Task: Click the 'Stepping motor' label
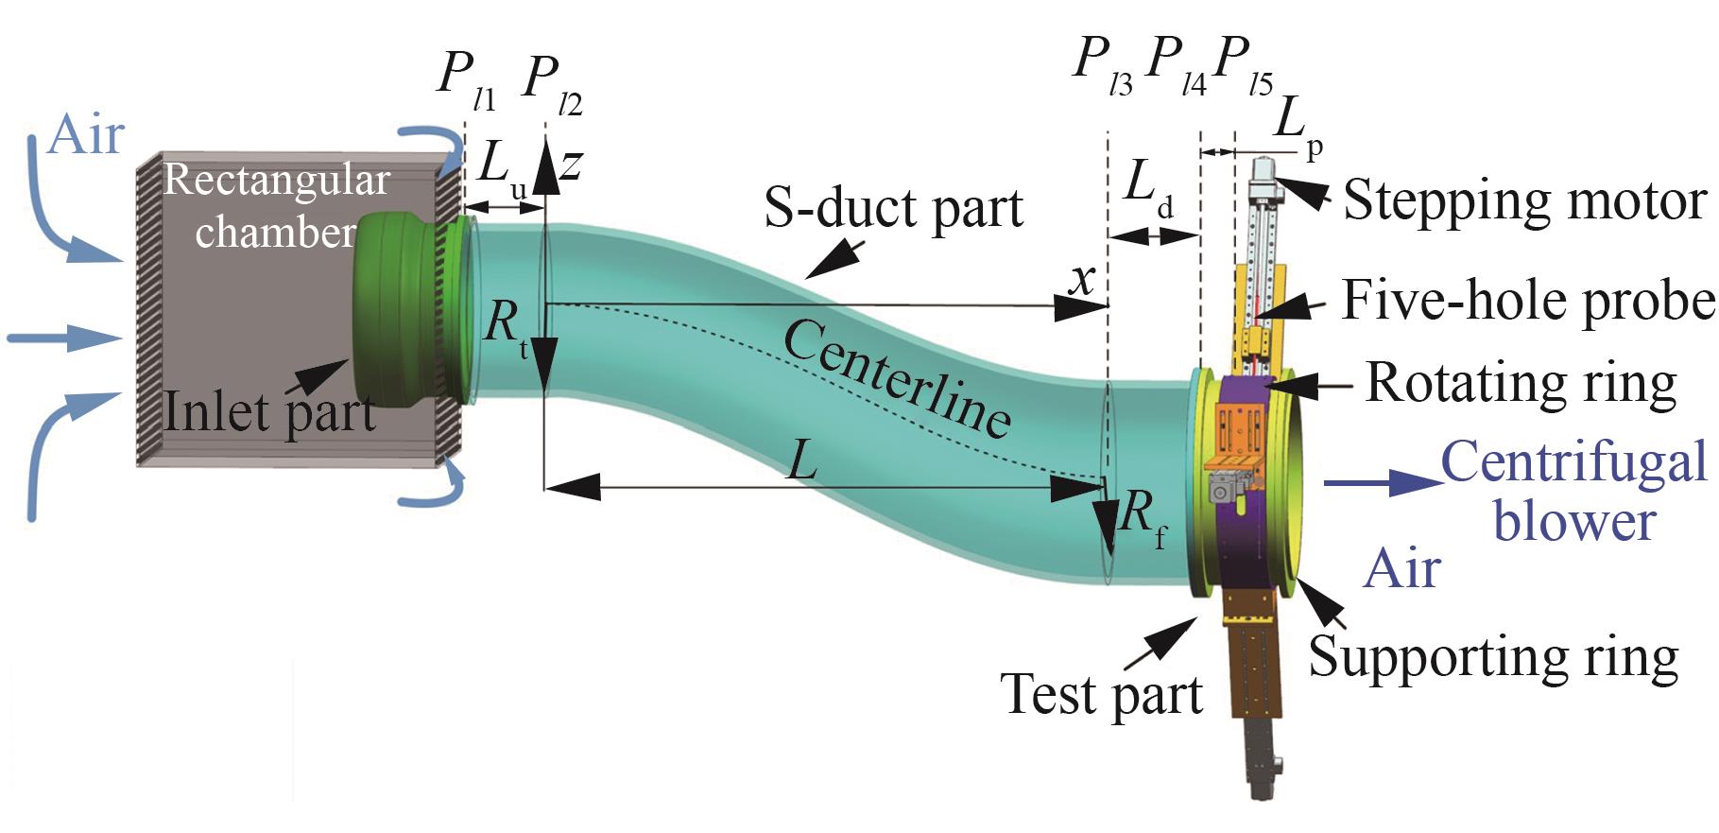1523,201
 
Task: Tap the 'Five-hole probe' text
1527,301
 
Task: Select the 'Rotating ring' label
1521,383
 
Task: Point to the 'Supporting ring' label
1493,656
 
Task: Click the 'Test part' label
1101,694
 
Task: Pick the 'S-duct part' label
893,208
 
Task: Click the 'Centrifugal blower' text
1573,492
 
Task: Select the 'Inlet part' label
269,412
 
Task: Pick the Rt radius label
506,326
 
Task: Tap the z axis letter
570,165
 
